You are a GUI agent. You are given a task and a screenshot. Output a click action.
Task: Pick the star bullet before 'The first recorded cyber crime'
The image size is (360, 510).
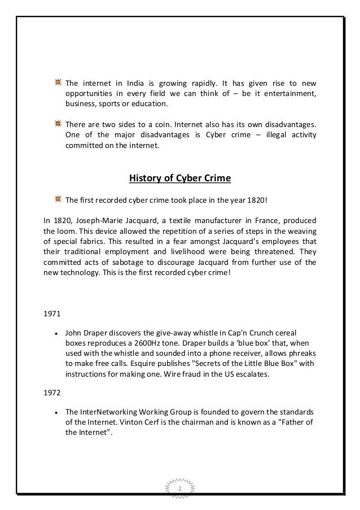pos(58,199)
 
